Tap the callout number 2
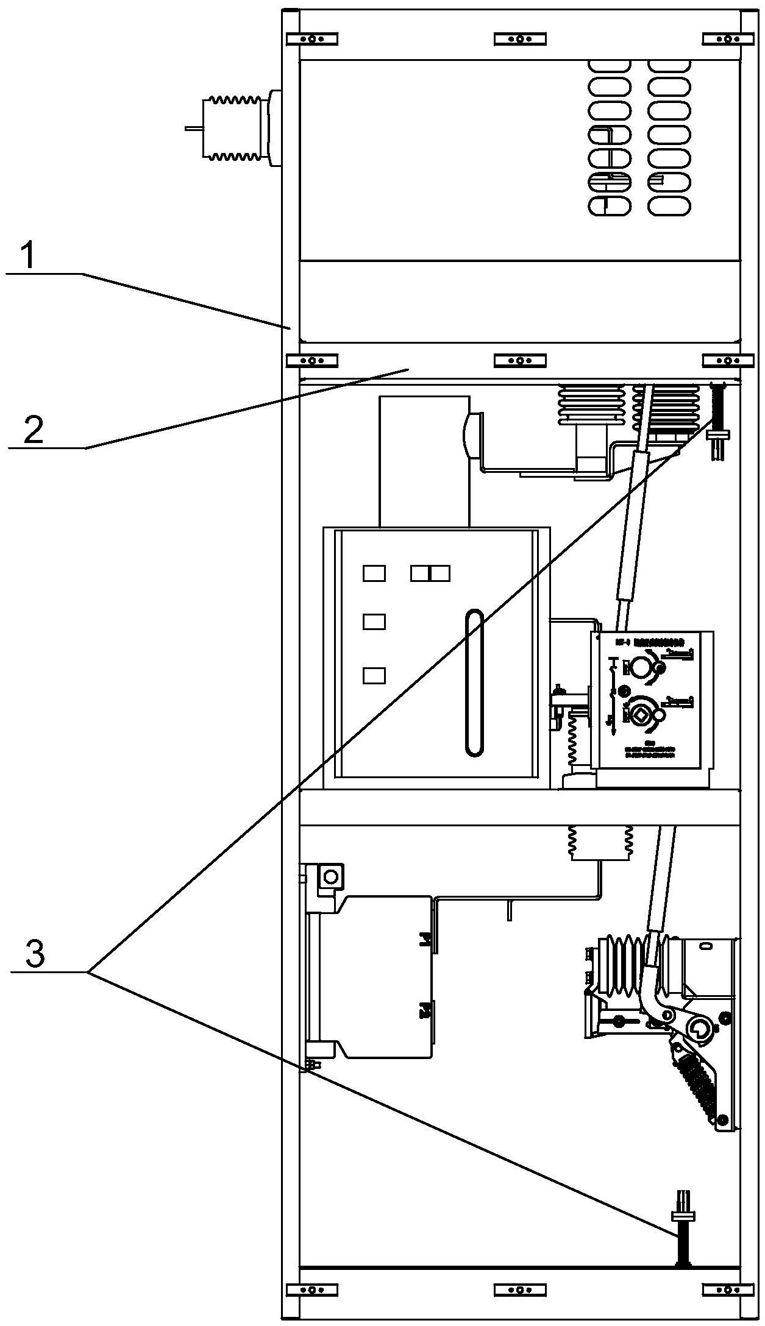[x=33, y=431]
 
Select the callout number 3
[x=35, y=954]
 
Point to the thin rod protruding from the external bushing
[x=193, y=129]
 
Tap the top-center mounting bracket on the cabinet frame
[x=519, y=39]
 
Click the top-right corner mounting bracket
[x=725, y=39]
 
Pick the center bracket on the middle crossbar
[x=519, y=361]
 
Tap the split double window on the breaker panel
[x=430, y=573]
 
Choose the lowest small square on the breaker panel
[x=374, y=675]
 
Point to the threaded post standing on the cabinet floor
[x=681, y=1240]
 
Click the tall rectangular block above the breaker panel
[x=424, y=461]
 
